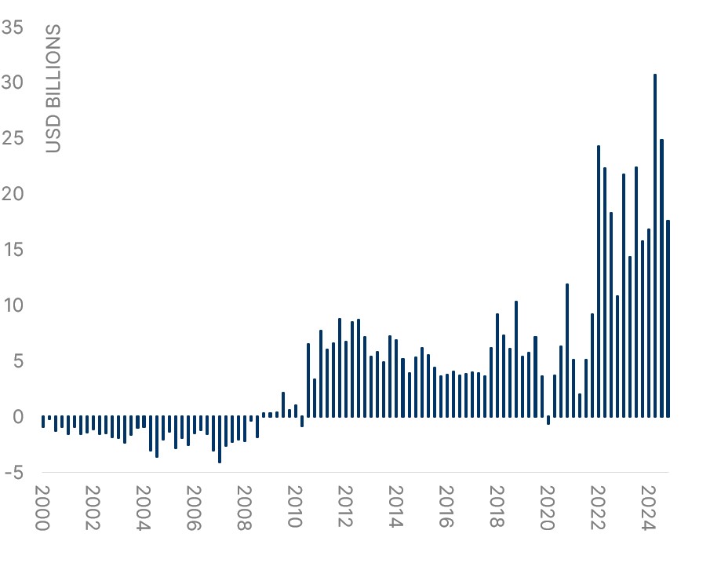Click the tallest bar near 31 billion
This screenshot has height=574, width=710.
(x=655, y=245)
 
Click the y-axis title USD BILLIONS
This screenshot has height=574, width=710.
(x=53, y=88)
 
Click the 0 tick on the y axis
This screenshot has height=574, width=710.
(x=18, y=416)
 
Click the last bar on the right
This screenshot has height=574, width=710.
(x=668, y=318)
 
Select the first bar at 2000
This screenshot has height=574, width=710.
(x=43, y=422)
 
